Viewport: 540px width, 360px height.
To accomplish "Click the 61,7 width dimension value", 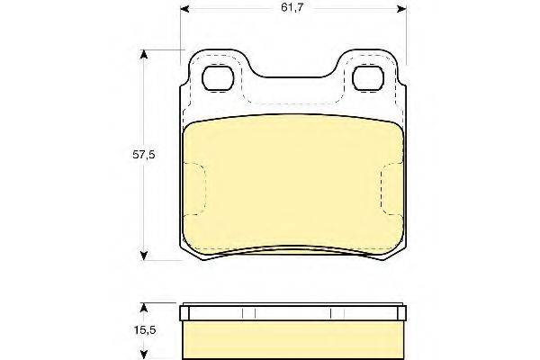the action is coord(292,8).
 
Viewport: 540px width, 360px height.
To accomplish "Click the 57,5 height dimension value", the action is coord(144,155).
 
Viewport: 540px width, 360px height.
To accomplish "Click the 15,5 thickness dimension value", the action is coord(145,330).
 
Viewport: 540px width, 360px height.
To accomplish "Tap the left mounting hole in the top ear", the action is coord(218,78).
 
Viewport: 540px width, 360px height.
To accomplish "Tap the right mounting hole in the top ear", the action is coord(368,78).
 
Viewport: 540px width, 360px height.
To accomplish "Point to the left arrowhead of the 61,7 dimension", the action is coord(184,9).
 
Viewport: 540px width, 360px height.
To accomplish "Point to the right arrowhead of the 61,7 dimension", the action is coord(401,9).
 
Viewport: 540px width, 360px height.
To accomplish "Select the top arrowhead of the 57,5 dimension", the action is coord(144,55).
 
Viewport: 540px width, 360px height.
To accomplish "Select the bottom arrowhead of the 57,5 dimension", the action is coord(144,256).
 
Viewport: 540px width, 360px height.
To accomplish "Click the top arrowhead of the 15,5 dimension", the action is coord(145,308).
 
